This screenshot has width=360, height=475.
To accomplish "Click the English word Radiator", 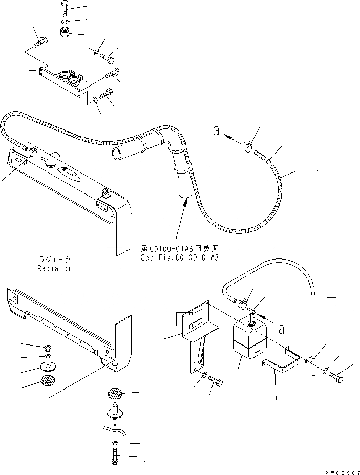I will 54,268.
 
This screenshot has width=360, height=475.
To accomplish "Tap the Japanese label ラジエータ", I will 54,260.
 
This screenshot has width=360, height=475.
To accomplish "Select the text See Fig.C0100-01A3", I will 180,257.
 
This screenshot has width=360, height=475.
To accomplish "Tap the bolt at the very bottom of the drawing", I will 114,457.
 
